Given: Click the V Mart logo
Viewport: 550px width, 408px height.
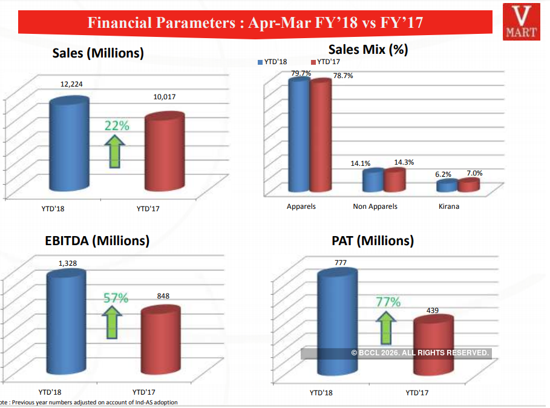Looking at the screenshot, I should [523, 22].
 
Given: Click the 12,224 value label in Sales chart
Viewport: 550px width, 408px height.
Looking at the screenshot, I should [71, 85].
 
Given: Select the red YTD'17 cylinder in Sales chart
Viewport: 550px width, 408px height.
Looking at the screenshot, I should [165, 154].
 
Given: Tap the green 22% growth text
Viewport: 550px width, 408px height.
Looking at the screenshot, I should [117, 126].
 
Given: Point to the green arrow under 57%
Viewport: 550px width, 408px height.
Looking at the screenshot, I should [112, 323].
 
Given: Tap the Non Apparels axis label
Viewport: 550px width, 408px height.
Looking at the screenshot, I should [375, 206].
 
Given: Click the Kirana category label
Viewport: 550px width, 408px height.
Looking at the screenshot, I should [449, 206].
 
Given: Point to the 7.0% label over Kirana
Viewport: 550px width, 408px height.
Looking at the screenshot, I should [475, 173].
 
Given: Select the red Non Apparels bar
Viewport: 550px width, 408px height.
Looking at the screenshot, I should [394, 180].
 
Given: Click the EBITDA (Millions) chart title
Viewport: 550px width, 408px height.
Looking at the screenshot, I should [97, 240].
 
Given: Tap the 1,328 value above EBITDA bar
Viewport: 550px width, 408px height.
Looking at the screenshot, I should [67, 263].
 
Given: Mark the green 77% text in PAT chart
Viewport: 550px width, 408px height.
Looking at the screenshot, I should [388, 301].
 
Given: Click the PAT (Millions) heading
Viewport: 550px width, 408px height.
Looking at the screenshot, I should [373, 240].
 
